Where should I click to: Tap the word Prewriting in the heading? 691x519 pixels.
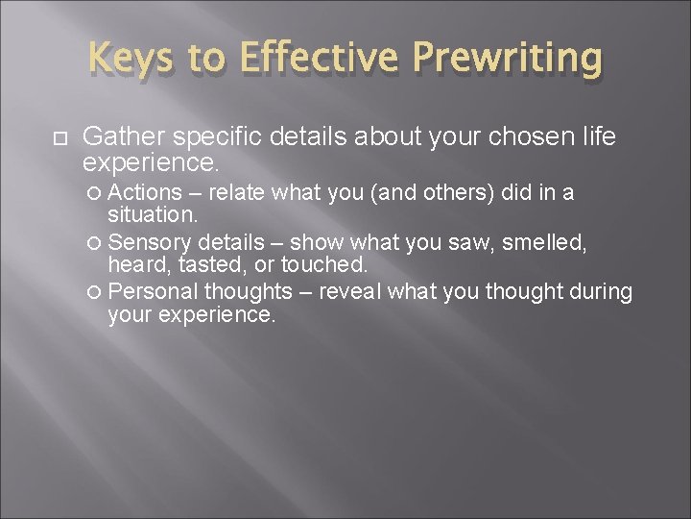[508, 61]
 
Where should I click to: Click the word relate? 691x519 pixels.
[238, 193]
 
